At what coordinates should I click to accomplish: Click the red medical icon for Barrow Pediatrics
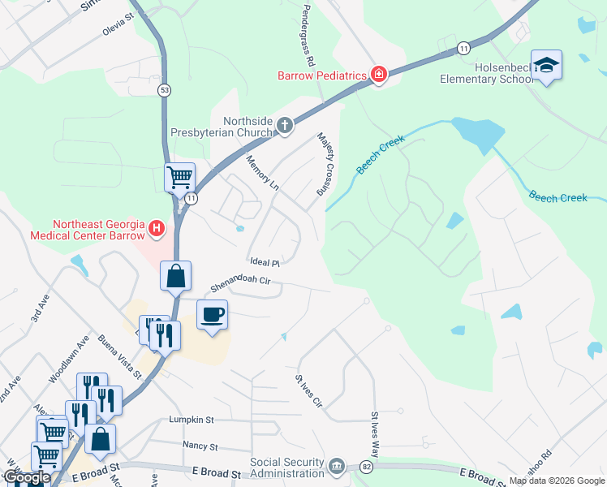[378, 75]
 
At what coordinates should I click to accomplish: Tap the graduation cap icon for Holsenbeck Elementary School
[547, 66]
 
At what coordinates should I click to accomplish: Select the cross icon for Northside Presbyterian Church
[284, 125]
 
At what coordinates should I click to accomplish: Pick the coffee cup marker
[212, 315]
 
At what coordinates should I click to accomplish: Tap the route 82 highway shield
[368, 467]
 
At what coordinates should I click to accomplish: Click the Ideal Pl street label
[265, 263]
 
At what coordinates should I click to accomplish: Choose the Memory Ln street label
[262, 173]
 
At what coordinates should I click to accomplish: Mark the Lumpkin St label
[191, 420]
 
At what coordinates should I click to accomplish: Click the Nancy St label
[200, 446]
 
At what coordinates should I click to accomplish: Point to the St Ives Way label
[375, 435]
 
